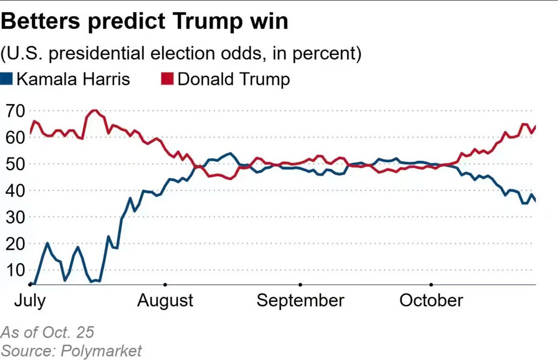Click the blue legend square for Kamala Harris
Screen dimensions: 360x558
(x=6, y=79)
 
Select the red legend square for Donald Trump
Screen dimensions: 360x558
(x=167, y=79)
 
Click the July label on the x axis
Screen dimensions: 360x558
(x=30, y=300)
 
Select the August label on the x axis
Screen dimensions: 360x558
(x=165, y=300)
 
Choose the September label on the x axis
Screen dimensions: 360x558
(x=300, y=300)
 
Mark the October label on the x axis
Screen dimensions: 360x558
(x=432, y=300)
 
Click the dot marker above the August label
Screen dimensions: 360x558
(x=165, y=284)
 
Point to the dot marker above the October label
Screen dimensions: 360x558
(x=432, y=284)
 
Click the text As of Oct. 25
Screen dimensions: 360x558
(x=47, y=333)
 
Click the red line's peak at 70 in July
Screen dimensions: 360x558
(x=94, y=110)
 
